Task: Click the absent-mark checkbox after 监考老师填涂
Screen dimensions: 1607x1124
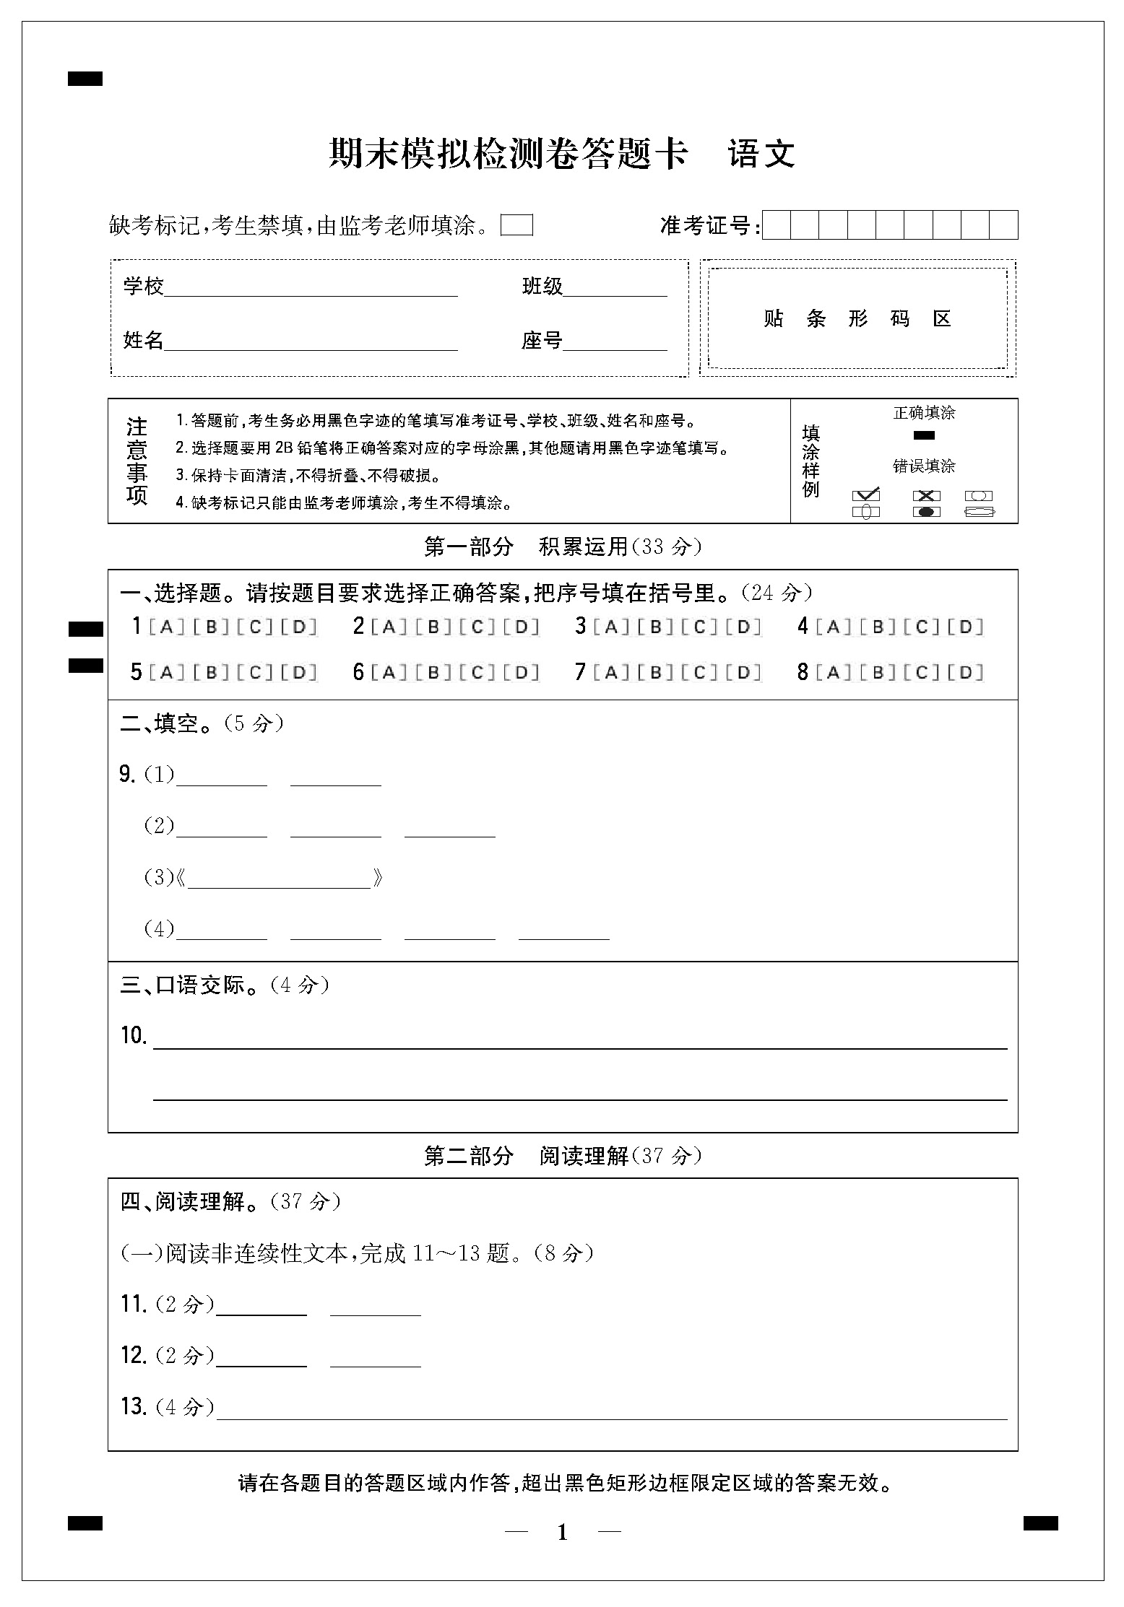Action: pos(516,225)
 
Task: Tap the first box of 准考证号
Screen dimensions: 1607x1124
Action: pos(777,225)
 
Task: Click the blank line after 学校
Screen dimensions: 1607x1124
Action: pos(311,289)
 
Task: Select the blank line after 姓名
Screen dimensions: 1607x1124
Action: pos(311,343)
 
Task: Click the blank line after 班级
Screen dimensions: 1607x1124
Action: pos(615,289)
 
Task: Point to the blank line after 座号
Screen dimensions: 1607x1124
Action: pos(615,343)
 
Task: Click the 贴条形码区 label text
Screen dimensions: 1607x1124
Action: pos(857,318)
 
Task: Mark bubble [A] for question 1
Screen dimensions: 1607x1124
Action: pos(166,627)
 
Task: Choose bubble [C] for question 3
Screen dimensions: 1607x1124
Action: pos(699,627)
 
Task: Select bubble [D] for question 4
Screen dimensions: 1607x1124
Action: pos(966,627)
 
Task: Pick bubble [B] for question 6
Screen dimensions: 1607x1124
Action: pos(433,673)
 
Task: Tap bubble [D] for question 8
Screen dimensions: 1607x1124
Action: pos(966,673)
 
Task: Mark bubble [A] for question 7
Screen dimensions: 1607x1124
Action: pos(611,673)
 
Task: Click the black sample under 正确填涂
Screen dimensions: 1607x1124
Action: pos(924,435)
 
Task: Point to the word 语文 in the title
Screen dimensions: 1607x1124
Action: pos(761,154)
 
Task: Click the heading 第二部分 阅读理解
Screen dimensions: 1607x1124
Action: pos(562,1156)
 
